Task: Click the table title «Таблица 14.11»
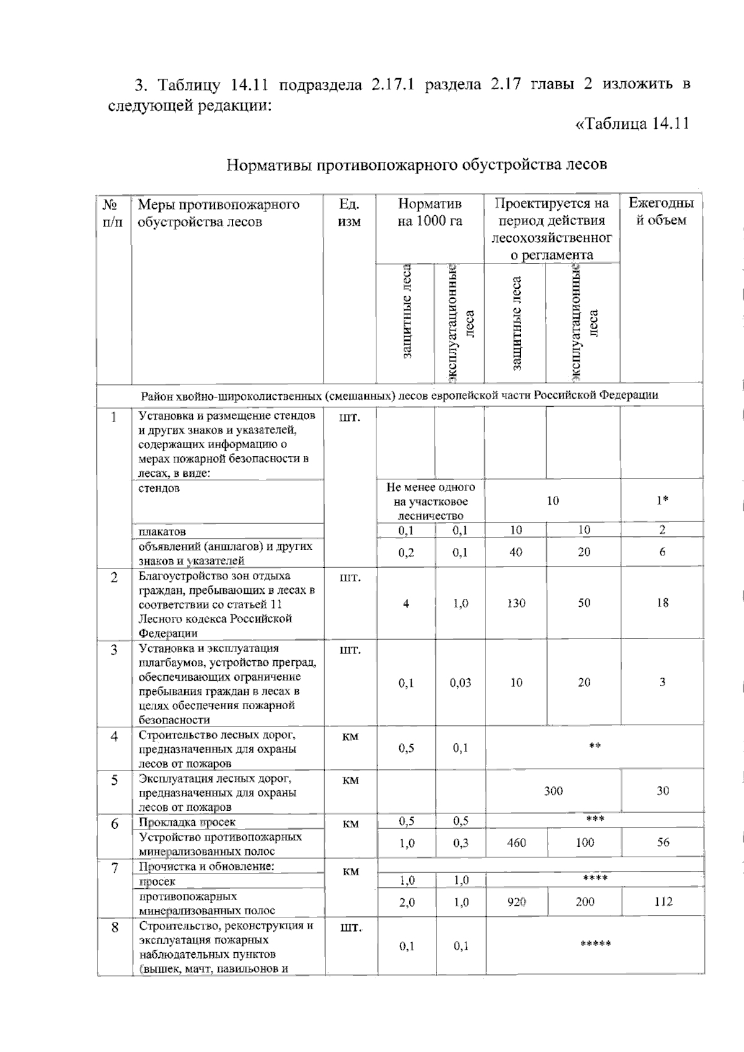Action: click(633, 123)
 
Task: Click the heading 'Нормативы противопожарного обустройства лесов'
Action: click(417, 165)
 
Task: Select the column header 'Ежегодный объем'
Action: click(661, 212)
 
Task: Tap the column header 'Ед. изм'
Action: click(349, 213)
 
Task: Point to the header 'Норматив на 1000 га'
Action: click(430, 213)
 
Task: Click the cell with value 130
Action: click(516, 603)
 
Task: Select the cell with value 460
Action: click(516, 842)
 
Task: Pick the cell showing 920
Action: click(516, 902)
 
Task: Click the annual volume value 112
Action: click(663, 902)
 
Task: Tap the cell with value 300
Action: click(553, 791)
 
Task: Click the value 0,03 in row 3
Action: click(460, 683)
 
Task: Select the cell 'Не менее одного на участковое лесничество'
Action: click(430, 502)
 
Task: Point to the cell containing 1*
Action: click(662, 501)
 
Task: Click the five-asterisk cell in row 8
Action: click(595, 945)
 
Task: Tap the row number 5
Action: click(114, 780)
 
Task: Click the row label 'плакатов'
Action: click(162, 531)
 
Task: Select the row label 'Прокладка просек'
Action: click(187, 823)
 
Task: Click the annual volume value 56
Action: click(663, 842)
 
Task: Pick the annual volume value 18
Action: click(662, 603)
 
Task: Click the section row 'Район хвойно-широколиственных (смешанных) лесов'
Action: click(399, 395)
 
